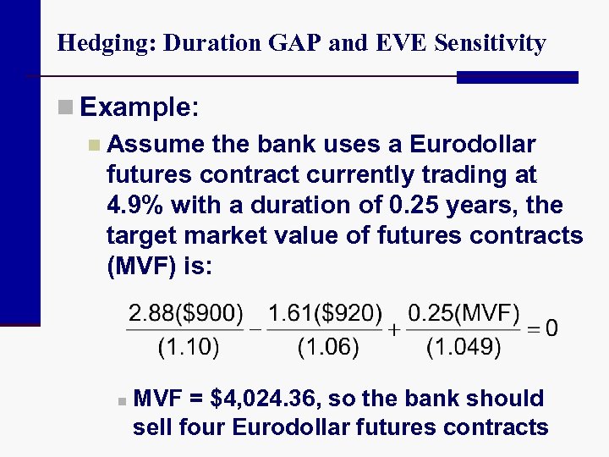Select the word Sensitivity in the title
[x=490, y=43]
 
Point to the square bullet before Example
[x=66, y=107]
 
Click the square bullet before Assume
[x=93, y=145]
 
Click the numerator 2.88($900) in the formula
[x=185, y=315]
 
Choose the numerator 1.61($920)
[x=325, y=315]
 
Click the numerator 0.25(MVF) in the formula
[x=464, y=315]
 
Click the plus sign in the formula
[x=394, y=329]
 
